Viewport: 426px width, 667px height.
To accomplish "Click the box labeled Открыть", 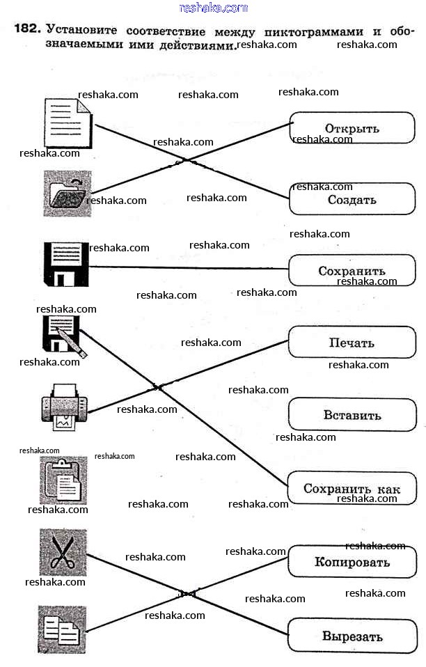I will pyautogui.click(x=352, y=128).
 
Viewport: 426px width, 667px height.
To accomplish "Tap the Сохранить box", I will pyautogui.click(x=352, y=270).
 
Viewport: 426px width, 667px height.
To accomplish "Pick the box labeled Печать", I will pyautogui.click(x=352, y=343).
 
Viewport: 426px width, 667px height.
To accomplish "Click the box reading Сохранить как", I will pyautogui.click(x=352, y=489).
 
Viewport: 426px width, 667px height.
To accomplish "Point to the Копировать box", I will pyautogui.click(x=352, y=561).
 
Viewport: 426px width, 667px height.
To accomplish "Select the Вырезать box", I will pyautogui.click(x=352, y=636).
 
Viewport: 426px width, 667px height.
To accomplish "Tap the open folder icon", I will pyautogui.click(x=66, y=193).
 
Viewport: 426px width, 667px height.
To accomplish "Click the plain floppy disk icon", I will pyautogui.click(x=66, y=265).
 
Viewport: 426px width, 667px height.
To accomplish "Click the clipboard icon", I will pyautogui.click(x=63, y=480).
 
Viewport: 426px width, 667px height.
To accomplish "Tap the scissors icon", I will pyautogui.click(x=63, y=553).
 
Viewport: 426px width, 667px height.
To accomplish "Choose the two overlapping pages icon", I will pyautogui.click(x=63, y=629).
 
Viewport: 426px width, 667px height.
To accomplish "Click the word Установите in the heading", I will pyautogui.click(x=82, y=31).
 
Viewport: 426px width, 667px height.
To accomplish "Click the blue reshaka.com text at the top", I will pyautogui.click(x=213, y=8).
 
